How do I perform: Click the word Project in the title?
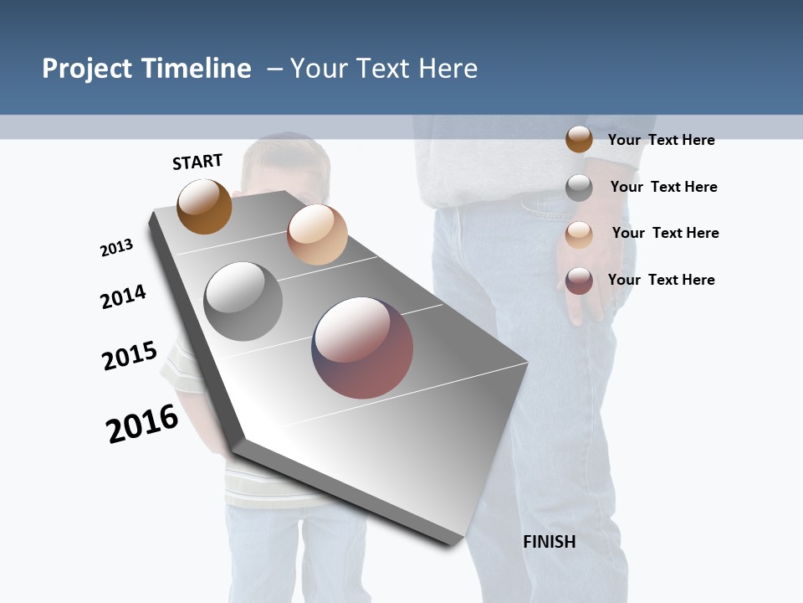click(x=88, y=69)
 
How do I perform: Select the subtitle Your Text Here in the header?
click(x=384, y=69)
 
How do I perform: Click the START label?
click(x=197, y=162)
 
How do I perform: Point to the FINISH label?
click(x=549, y=542)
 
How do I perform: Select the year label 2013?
click(x=116, y=248)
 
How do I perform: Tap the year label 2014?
click(x=123, y=296)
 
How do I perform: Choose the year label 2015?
click(x=130, y=356)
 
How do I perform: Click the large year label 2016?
click(x=142, y=424)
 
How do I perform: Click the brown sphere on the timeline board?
click(x=204, y=206)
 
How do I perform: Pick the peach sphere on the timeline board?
click(x=317, y=234)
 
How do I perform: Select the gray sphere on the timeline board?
click(x=243, y=301)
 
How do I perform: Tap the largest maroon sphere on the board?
click(x=362, y=348)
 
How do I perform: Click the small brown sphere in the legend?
click(x=579, y=139)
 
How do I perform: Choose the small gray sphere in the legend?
click(x=579, y=188)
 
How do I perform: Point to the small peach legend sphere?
click(x=579, y=234)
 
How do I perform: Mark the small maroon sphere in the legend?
click(x=579, y=281)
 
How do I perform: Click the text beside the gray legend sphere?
click(x=663, y=187)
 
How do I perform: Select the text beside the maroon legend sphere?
click(x=661, y=280)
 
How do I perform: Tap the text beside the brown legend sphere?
click(x=661, y=140)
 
